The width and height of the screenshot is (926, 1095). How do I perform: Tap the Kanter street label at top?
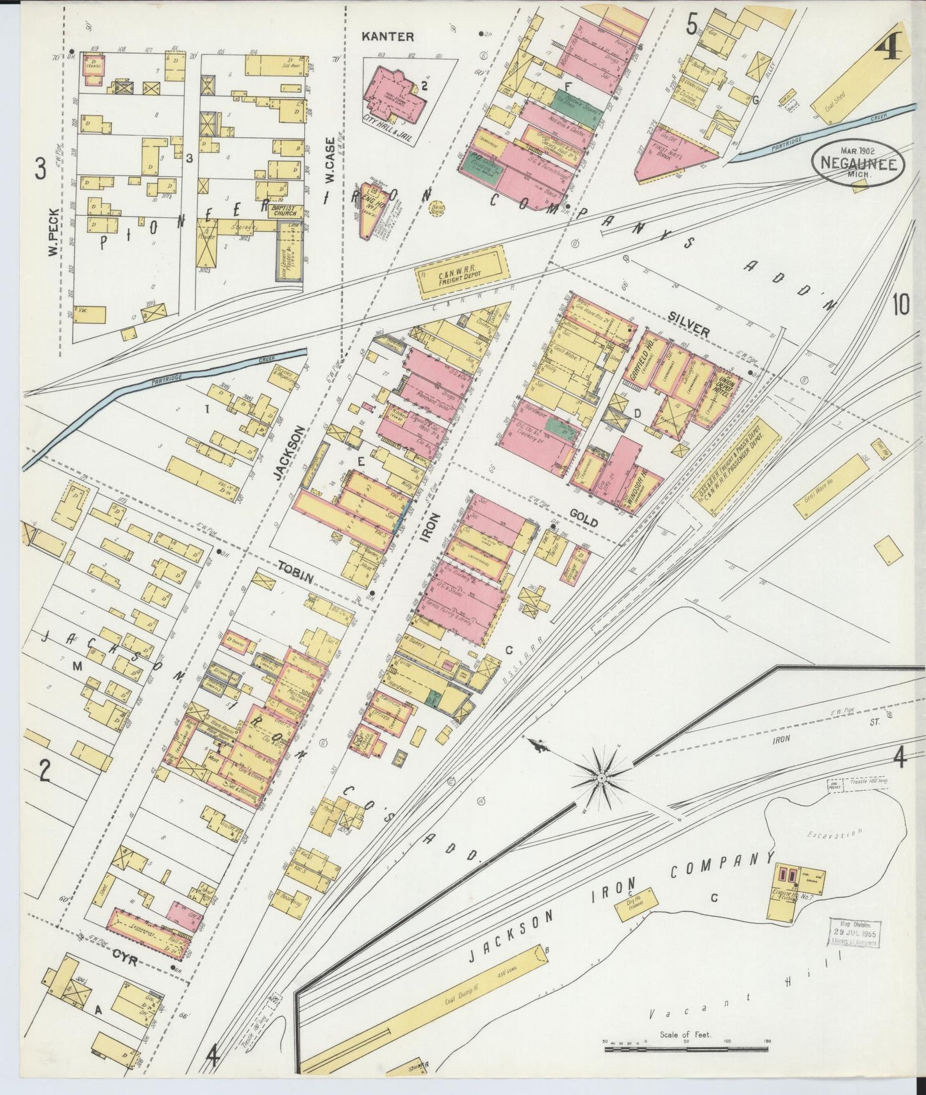388,36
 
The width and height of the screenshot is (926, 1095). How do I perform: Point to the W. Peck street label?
53,232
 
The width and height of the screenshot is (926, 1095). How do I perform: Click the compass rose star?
600,777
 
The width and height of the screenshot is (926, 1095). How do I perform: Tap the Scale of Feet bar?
686,1051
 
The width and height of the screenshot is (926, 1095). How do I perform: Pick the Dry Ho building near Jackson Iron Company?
636,904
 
